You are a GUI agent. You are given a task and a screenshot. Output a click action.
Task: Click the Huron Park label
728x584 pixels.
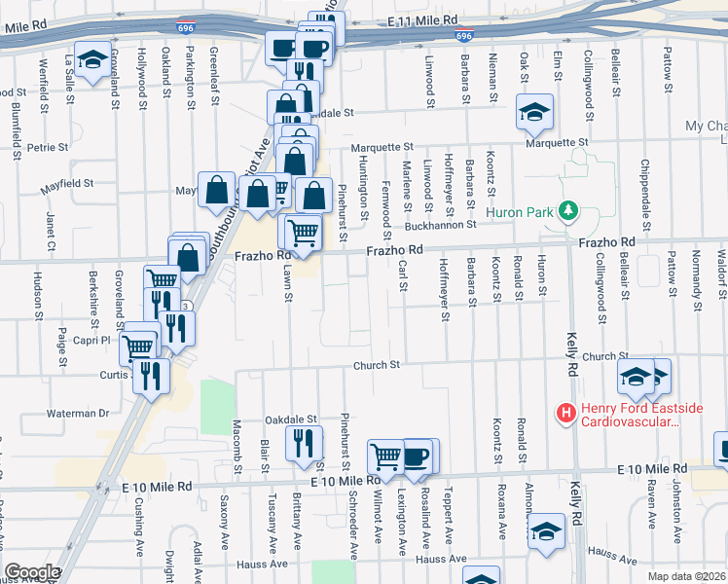528,210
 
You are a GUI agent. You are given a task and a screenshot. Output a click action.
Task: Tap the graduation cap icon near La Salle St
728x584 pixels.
91,61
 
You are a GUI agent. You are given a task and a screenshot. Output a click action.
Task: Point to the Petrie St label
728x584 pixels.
47,148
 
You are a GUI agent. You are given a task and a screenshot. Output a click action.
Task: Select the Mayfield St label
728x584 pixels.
66,182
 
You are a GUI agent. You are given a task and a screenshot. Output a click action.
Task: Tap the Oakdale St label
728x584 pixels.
292,419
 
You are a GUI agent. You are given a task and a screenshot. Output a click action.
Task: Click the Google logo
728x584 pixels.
32,572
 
